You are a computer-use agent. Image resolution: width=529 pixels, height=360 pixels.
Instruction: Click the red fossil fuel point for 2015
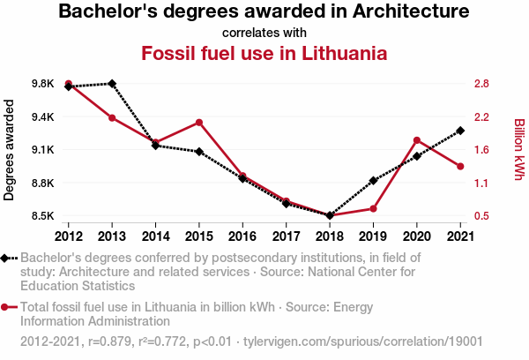(199, 123)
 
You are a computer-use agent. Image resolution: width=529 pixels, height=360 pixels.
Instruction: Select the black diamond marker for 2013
(112, 84)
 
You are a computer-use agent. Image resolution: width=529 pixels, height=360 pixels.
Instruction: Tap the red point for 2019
(373, 208)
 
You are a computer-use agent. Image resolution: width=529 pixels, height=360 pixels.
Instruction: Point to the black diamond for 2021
(459, 131)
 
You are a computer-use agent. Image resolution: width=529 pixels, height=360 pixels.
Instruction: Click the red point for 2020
(416, 140)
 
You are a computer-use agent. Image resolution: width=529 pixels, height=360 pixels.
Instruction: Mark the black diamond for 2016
(242, 178)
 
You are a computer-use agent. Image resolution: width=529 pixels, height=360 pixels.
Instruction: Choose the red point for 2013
(112, 117)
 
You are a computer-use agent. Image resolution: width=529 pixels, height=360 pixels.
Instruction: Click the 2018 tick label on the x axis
(329, 236)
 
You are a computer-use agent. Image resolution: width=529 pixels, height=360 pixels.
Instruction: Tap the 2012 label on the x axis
(69, 236)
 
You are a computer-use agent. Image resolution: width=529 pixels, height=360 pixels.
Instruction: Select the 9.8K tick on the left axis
(41, 84)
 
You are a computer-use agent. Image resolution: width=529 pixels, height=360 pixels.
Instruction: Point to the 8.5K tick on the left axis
(41, 216)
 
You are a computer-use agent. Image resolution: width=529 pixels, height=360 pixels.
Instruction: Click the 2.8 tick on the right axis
(481, 84)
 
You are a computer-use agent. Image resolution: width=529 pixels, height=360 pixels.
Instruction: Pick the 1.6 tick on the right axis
(481, 150)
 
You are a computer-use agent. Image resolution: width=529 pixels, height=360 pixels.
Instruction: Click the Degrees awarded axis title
(10, 150)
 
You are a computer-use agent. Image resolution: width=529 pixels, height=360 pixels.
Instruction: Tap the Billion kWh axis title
(519, 150)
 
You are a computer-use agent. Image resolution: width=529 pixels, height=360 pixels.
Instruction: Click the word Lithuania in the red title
(339, 53)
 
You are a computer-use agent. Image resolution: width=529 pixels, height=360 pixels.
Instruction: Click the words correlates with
(264, 33)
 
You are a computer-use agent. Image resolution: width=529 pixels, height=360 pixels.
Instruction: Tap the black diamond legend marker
(6, 258)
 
